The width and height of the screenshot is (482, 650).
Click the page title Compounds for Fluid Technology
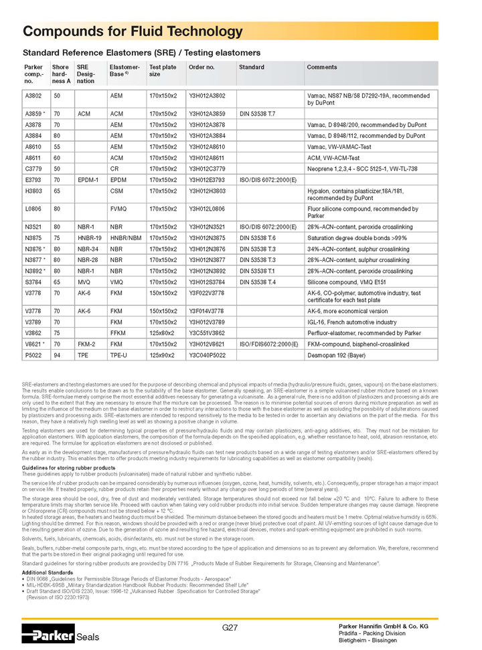coord(133,31)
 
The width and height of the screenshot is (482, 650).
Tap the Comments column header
coord(321,67)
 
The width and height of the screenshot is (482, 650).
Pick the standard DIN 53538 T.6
coord(257,238)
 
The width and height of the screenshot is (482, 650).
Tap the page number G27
coord(230,627)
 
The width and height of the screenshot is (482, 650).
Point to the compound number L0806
coord(33,209)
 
